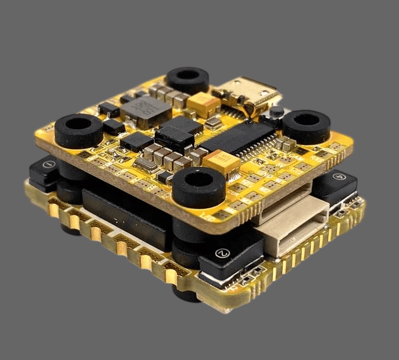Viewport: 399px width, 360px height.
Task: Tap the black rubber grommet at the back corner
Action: click(188, 79)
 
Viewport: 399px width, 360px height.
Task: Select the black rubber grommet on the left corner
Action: click(79, 130)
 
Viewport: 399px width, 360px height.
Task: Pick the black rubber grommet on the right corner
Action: click(305, 125)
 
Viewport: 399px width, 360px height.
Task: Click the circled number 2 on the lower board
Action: click(221, 253)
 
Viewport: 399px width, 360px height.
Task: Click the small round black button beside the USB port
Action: click(276, 112)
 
